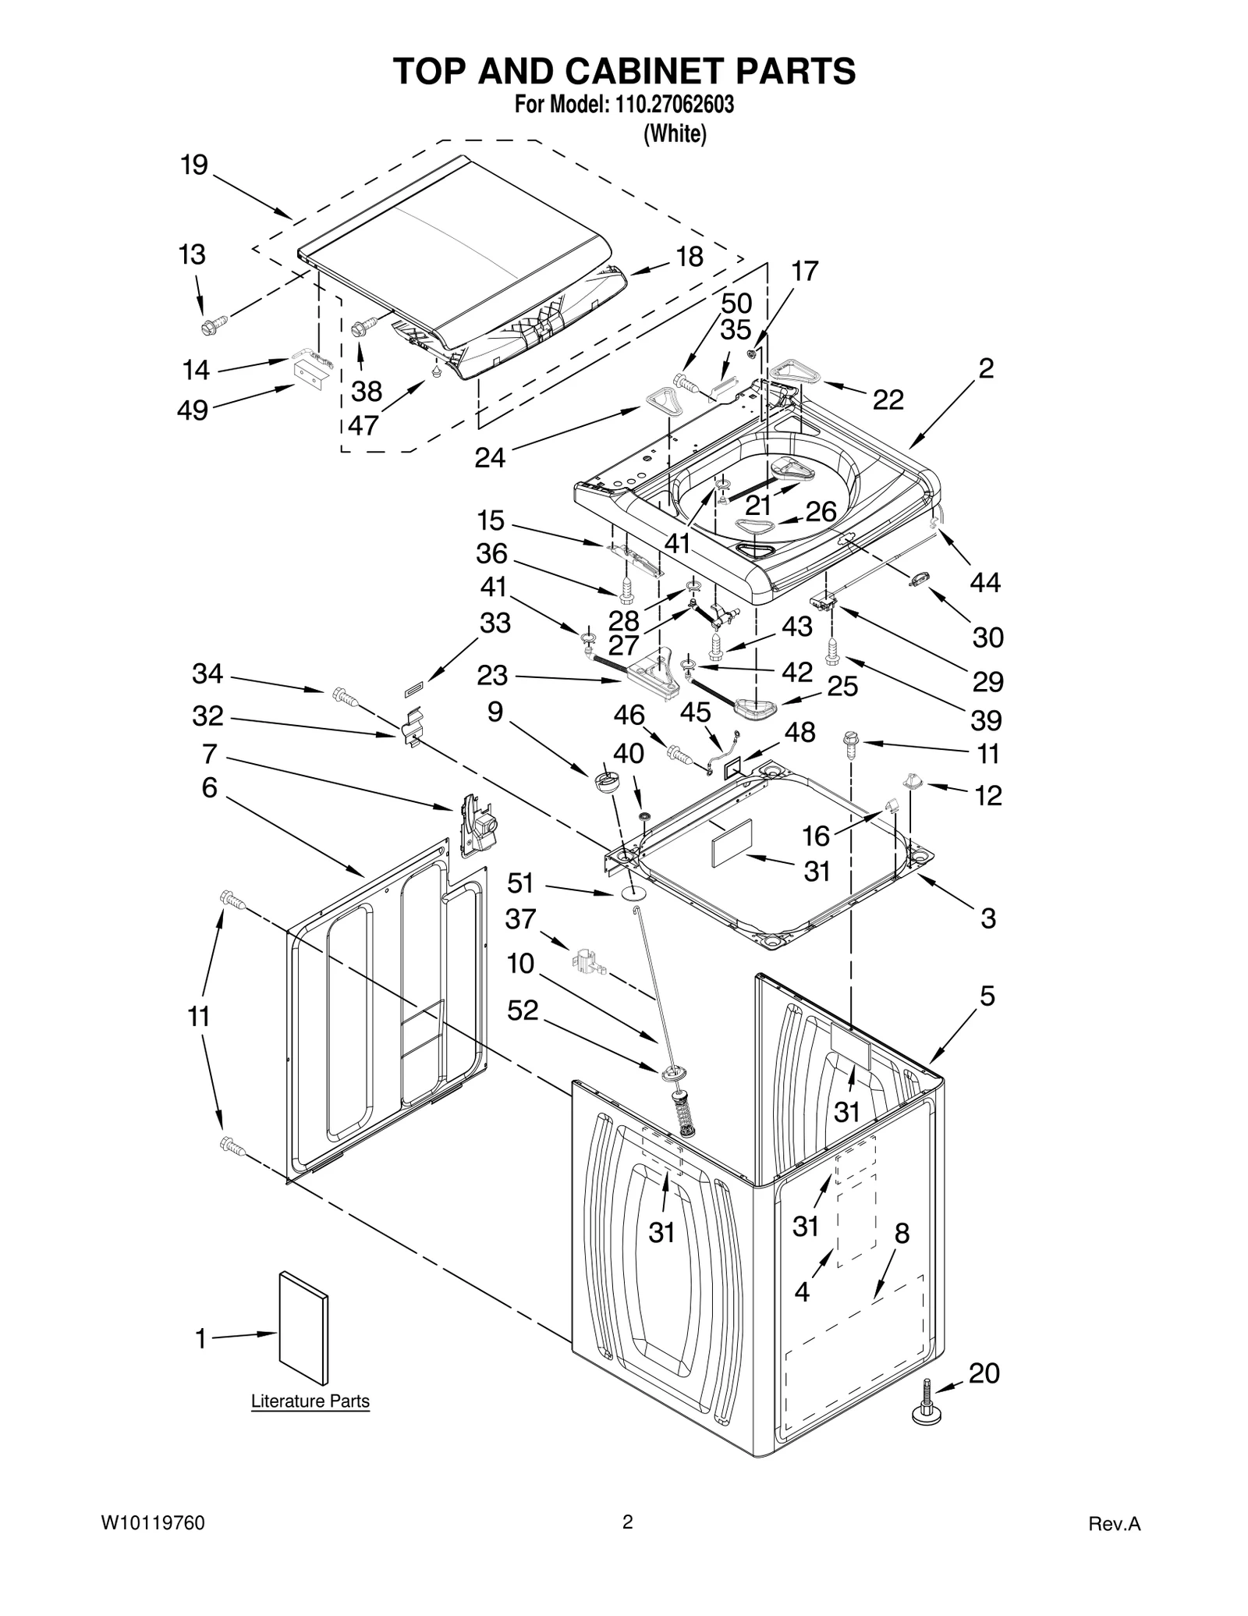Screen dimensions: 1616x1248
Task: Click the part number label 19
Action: point(194,165)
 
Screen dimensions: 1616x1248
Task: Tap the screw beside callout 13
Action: point(213,323)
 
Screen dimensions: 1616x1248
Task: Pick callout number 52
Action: point(523,1010)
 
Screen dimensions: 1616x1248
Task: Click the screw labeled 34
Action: point(343,695)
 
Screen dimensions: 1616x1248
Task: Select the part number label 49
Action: point(193,410)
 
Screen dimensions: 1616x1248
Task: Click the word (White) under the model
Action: point(674,134)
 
